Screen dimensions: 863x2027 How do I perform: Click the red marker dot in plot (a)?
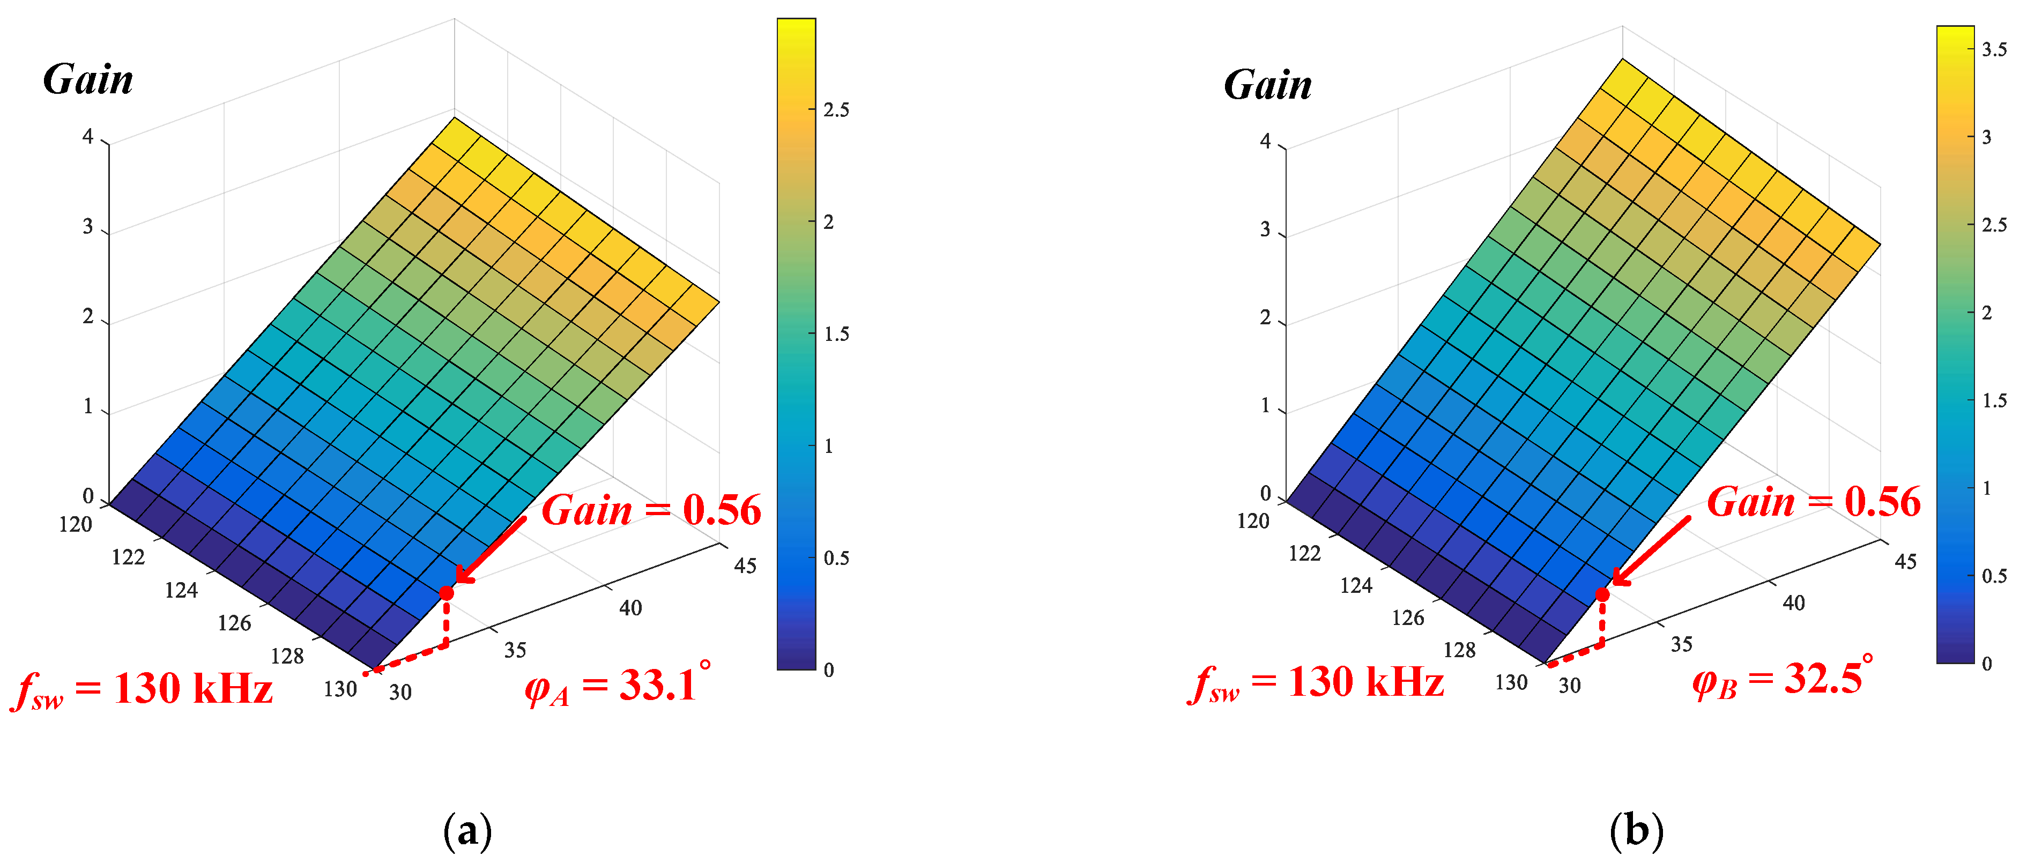click(446, 592)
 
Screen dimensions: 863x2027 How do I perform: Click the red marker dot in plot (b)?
click(1602, 594)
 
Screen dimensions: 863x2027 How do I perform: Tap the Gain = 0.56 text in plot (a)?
click(651, 510)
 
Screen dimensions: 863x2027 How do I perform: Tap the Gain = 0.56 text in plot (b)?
click(1813, 502)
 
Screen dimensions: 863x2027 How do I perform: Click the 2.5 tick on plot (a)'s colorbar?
click(836, 110)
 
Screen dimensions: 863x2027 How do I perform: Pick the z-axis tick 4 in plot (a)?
click(88, 137)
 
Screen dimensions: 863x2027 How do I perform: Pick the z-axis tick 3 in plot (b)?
click(1265, 230)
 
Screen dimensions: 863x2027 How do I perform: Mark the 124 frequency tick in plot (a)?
click(181, 591)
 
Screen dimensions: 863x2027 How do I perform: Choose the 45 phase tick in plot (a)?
click(745, 566)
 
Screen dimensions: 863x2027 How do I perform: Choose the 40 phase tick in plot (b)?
click(1793, 602)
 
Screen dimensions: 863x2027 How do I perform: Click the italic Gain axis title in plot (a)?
click(88, 79)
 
